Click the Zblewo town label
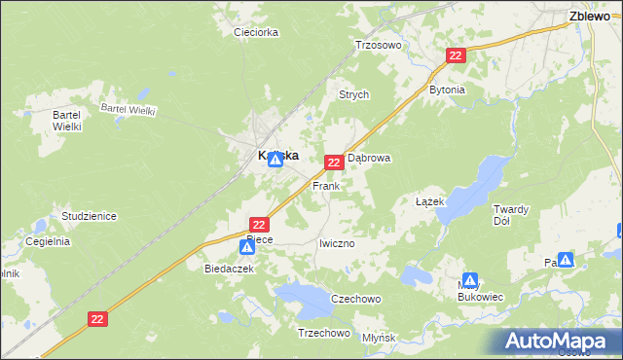(x=589, y=16)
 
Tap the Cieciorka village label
(x=256, y=32)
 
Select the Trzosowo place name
(x=379, y=45)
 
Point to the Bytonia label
(x=447, y=90)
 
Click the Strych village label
(x=352, y=94)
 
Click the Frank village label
(x=325, y=185)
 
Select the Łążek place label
(x=429, y=201)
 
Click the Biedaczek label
(x=229, y=268)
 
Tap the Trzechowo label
(x=322, y=333)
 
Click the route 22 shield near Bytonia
(x=456, y=56)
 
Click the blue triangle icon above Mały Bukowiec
(x=470, y=280)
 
